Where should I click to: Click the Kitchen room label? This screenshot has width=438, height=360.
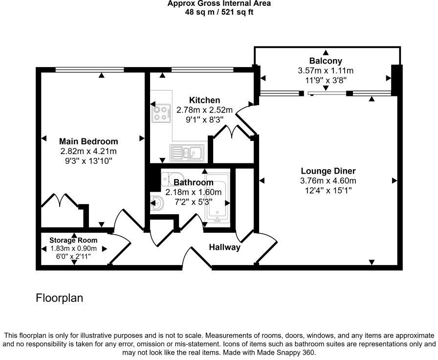coord(204,100)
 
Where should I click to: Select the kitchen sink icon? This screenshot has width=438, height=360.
coord(188,153)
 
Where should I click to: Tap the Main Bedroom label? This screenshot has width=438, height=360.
coord(88,141)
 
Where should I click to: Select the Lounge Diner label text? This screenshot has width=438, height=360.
coord(328,171)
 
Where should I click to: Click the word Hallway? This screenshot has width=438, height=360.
coord(225,247)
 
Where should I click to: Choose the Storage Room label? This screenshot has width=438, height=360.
coord(73,240)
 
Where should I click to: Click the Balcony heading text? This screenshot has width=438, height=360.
coord(325,61)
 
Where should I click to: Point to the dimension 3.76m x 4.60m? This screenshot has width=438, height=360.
coord(328,180)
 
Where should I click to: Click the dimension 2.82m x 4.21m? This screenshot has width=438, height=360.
coord(88,151)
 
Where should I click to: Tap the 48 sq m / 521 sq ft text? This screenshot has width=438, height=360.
coord(219,12)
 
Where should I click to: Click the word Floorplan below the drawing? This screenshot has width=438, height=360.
coord(60,297)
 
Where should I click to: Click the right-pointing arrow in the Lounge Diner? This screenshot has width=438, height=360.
coord(394,180)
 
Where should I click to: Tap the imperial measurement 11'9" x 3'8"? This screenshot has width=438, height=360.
coord(325,80)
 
